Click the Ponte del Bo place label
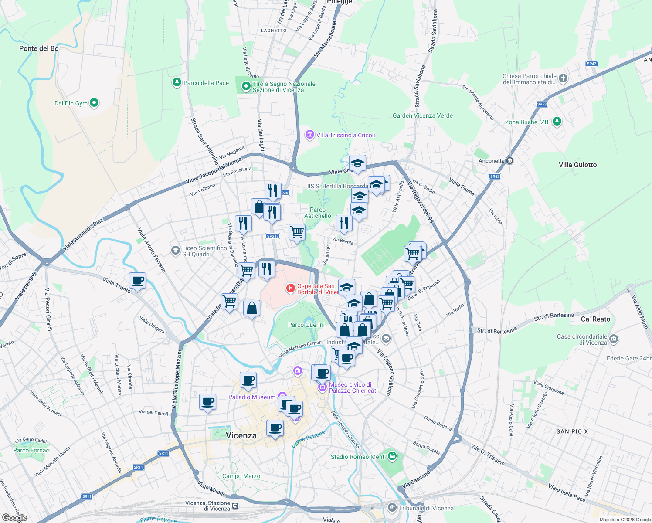(x=39, y=48)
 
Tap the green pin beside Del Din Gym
(x=94, y=103)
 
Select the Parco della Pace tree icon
(x=177, y=82)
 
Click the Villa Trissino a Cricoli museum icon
(x=309, y=135)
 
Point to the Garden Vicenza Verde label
(x=422, y=115)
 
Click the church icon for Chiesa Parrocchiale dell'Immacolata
(x=563, y=78)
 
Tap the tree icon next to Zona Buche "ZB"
(x=557, y=122)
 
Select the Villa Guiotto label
(x=577, y=165)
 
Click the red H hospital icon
(x=290, y=289)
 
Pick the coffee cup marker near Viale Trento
(x=137, y=281)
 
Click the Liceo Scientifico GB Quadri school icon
(x=175, y=251)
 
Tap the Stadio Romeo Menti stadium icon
(x=392, y=456)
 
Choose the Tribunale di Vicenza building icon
(x=392, y=508)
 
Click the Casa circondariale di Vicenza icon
(x=614, y=339)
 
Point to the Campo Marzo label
(x=241, y=476)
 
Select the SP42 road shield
(x=591, y=64)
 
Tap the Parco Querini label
(x=306, y=325)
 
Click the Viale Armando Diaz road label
(x=83, y=234)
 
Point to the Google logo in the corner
(x=14, y=518)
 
